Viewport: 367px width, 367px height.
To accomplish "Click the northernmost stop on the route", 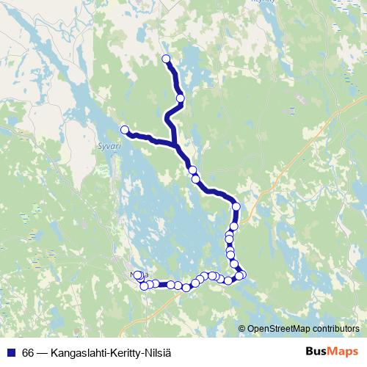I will [166, 59].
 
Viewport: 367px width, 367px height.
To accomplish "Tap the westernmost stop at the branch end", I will [125, 130].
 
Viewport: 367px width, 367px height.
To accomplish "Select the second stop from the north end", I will [180, 98].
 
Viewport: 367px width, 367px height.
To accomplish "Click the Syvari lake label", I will [108, 145].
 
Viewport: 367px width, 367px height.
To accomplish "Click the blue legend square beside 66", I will [11, 352].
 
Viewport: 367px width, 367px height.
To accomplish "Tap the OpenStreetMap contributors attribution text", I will [303, 328].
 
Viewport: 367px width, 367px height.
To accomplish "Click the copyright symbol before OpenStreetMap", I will [242, 328].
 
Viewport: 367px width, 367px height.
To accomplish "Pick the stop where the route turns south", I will [236, 206].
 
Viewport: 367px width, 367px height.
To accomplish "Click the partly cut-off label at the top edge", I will [261, 2].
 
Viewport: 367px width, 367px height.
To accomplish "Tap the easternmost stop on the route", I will [241, 275].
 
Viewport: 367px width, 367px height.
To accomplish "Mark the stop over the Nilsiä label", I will [137, 275].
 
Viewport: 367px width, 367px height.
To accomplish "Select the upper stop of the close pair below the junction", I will [192, 170].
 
